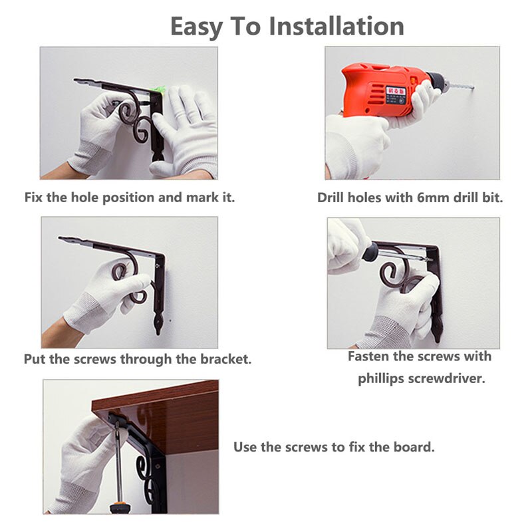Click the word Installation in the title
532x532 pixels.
(x=336, y=26)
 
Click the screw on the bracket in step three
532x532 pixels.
(x=158, y=265)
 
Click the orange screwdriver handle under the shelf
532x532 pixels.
(x=120, y=508)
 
